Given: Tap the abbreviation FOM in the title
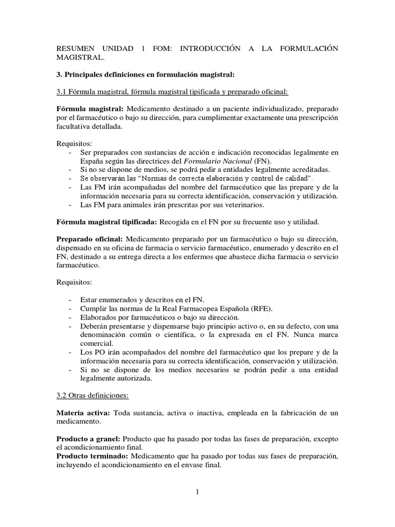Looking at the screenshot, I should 156,48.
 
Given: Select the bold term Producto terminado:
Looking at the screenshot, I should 93,456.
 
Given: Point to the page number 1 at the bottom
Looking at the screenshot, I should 197,491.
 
